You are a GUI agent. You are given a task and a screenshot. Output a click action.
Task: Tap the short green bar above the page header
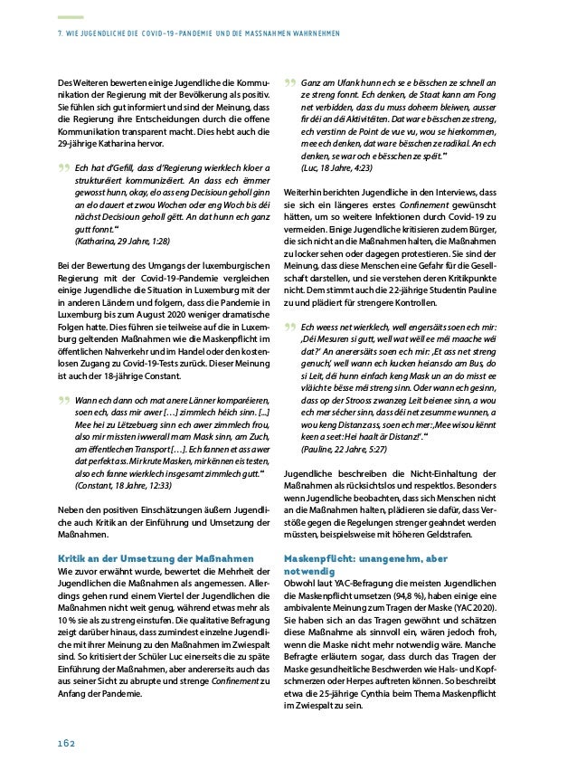70,16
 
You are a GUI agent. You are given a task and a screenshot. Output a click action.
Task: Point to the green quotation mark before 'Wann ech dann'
63,375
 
